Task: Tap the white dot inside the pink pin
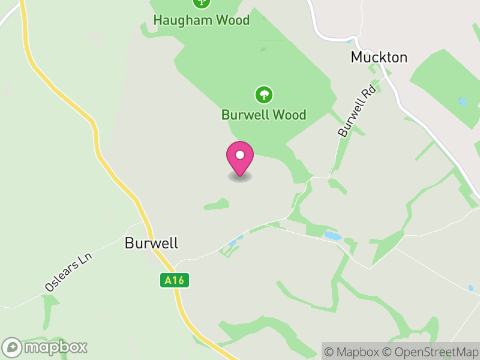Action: point(240,155)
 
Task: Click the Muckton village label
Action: point(379,58)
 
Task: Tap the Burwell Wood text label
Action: point(263,114)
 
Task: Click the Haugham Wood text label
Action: point(201,20)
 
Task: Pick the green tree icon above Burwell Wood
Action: point(263,94)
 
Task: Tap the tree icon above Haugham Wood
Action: point(201,2)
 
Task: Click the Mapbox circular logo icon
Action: point(12,347)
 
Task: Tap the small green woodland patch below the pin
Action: point(217,205)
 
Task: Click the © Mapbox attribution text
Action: point(354,352)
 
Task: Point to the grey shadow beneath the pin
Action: point(240,177)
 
